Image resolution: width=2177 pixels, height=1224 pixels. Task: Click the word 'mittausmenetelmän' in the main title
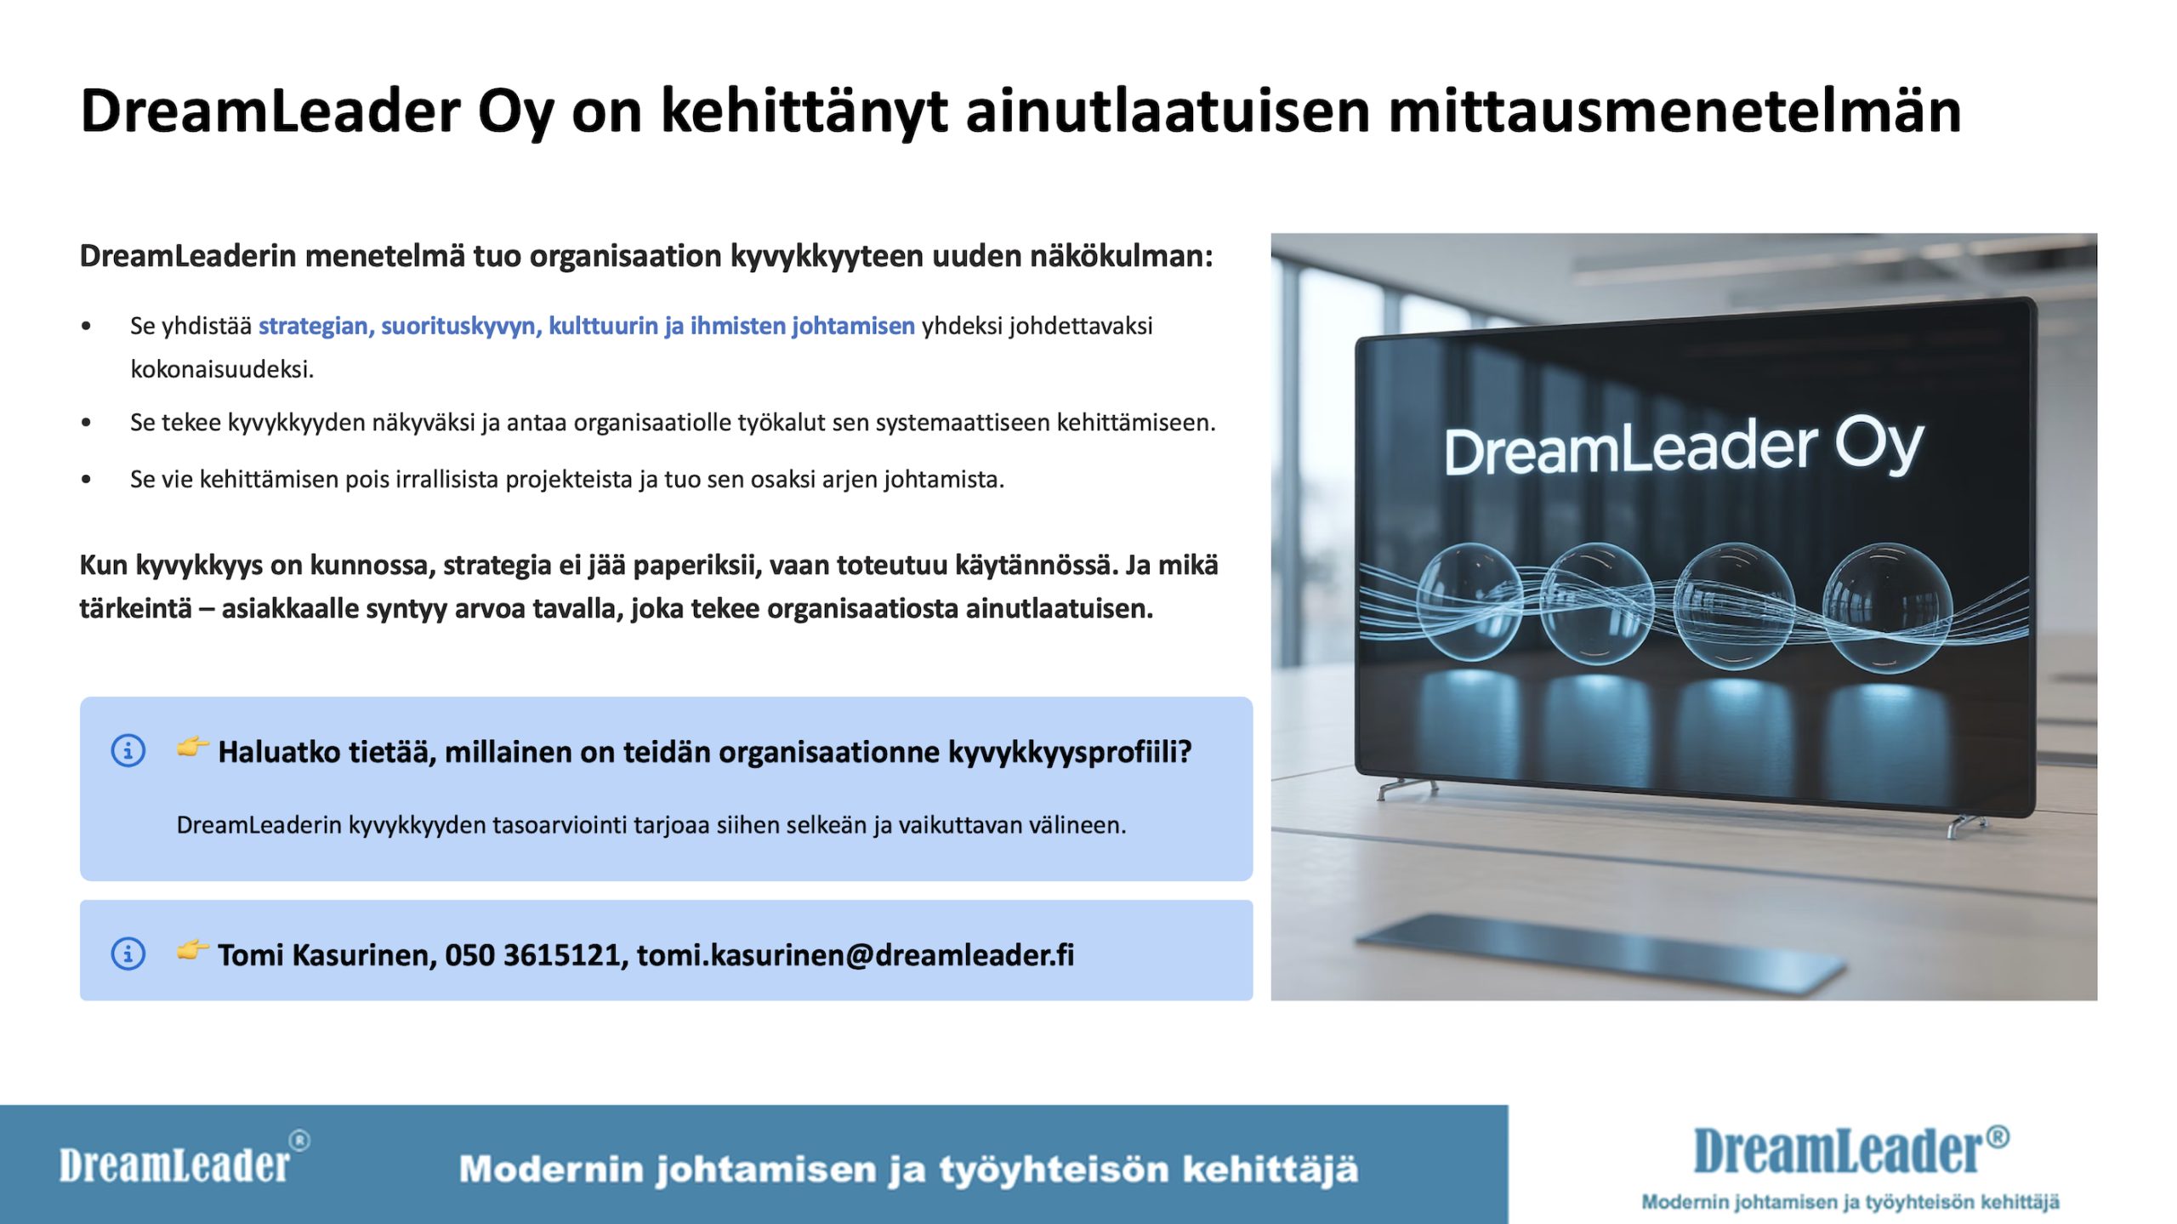[x=1674, y=111]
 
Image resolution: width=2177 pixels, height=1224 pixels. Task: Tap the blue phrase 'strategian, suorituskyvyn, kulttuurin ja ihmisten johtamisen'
[x=587, y=326]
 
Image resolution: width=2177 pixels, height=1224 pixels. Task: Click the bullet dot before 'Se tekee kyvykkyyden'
[x=86, y=422]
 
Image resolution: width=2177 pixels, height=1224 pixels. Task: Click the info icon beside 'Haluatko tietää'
[x=128, y=750]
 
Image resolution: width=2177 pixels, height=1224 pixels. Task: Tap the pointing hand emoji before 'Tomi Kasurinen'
[x=192, y=950]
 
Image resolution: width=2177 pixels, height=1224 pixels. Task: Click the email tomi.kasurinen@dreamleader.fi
[x=855, y=955]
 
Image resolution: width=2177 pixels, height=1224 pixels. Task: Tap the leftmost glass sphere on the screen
[x=1469, y=600]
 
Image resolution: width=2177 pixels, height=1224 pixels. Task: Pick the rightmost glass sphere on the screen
[x=1888, y=605]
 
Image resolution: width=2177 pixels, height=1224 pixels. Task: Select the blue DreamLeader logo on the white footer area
[x=1850, y=1150]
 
